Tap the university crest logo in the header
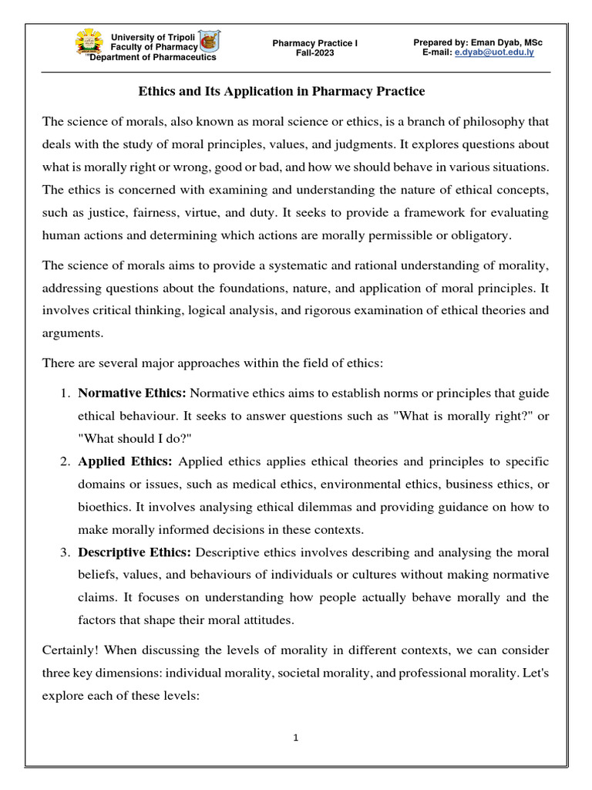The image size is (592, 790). (91, 43)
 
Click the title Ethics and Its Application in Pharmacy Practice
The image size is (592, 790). (281, 92)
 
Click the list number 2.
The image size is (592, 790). (65, 462)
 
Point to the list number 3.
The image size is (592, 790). (65, 552)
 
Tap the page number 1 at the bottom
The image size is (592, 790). (296, 738)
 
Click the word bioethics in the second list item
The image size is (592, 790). (108, 507)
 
